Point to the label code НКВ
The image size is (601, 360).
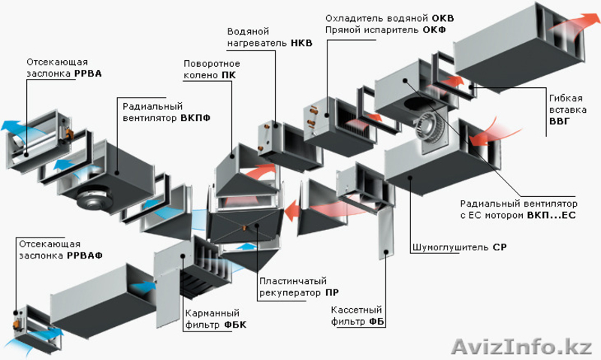point(302,43)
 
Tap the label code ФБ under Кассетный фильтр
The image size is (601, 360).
point(377,322)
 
